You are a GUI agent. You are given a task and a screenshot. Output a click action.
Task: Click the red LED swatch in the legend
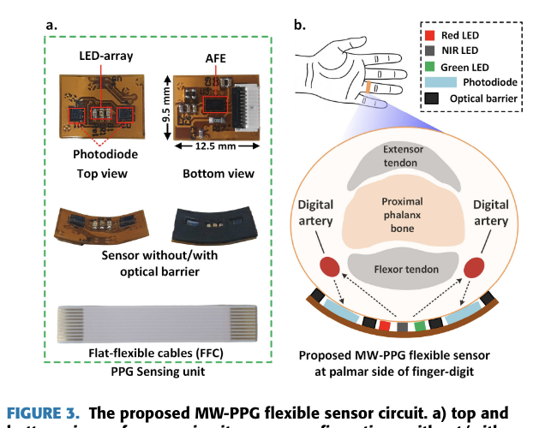[x=430, y=36]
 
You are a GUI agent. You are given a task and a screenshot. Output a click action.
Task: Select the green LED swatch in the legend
[x=430, y=67]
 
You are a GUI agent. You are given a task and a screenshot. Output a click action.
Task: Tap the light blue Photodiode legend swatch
[x=440, y=82]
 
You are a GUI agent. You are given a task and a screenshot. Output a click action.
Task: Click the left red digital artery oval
[x=327, y=266]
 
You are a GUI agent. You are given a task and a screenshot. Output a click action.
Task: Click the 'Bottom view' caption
[x=217, y=175]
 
